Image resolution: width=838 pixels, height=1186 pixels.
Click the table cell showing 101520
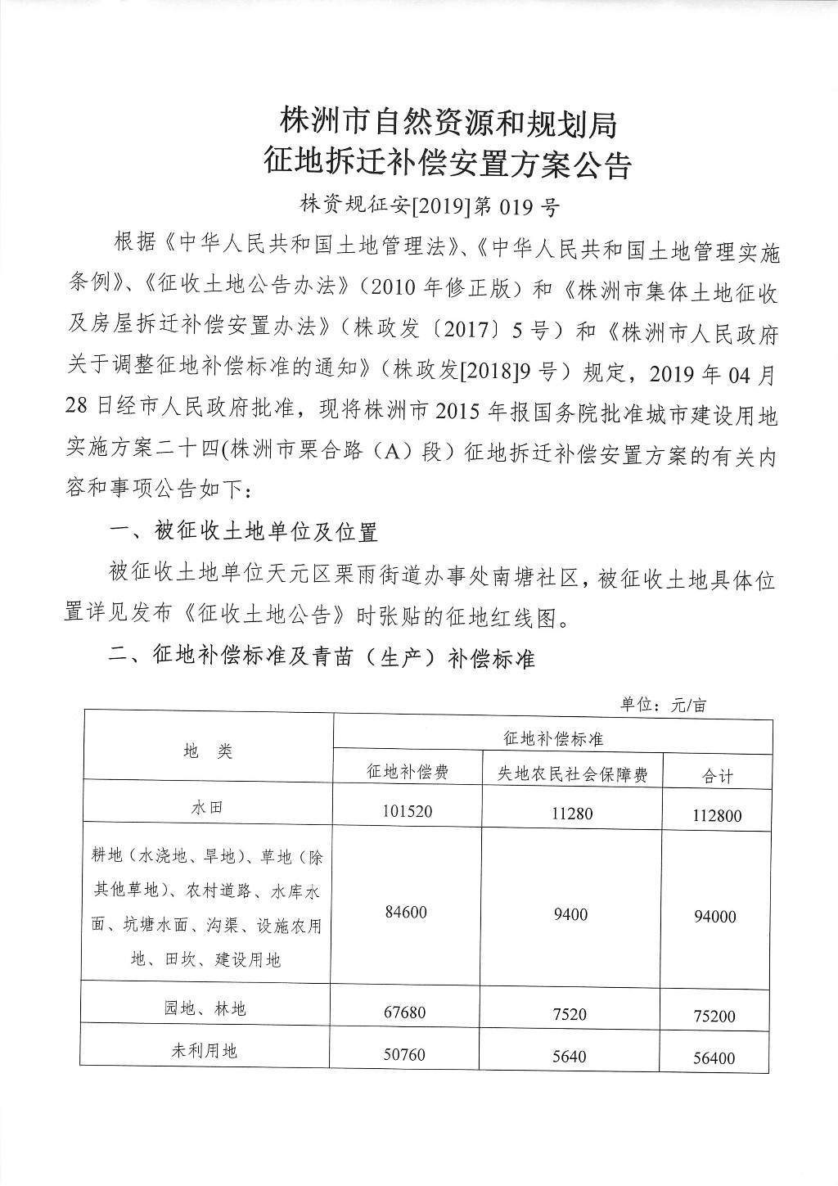(407, 811)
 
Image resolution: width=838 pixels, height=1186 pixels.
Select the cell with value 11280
(570, 813)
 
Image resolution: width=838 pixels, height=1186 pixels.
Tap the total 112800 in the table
(717, 816)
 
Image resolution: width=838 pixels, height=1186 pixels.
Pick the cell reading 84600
(407, 912)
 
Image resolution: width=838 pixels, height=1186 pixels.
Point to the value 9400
(570, 914)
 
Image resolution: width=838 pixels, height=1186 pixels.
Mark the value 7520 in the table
(570, 1014)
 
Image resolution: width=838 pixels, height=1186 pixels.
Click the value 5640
(570, 1056)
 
